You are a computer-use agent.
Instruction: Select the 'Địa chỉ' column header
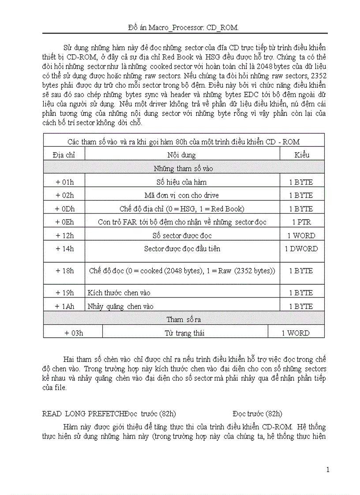pyautogui.click(x=64, y=155)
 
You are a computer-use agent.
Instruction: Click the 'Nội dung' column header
pyautogui.click(x=182, y=155)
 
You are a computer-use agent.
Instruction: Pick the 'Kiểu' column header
pyautogui.click(x=302, y=155)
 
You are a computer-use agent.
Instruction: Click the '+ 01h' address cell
pyautogui.click(x=64, y=182)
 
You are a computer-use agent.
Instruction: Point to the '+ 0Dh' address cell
pyautogui.click(x=64, y=209)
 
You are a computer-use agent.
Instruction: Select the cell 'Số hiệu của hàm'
pyautogui.click(x=182, y=182)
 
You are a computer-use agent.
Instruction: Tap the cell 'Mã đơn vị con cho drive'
pyautogui.click(x=182, y=195)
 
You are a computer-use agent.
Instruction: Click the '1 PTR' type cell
pyautogui.click(x=302, y=222)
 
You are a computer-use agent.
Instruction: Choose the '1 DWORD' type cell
pyautogui.click(x=302, y=249)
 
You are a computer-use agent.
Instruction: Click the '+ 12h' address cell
pyautogui.click(x=64, y=236)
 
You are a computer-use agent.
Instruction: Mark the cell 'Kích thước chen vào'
pyautogui.click(x=120, y=293)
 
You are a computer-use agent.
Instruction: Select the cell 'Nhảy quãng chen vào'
pyautogui.click(x=121, y=306)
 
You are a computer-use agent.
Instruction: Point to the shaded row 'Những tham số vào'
pyautogui.click(x=183, y=168)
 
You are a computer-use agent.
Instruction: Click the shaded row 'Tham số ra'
pyautogui.click(x=183, y=320)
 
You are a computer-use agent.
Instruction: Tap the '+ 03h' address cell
pyautogui.click(x=73, y=333)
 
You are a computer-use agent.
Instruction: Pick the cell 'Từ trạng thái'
pyautogui.click(x=184, y=333)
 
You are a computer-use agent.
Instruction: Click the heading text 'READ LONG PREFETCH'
pyautogui.click(x=83, y=413)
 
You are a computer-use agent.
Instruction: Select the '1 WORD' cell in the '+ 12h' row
pyautogui.click(x=302, y=236)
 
